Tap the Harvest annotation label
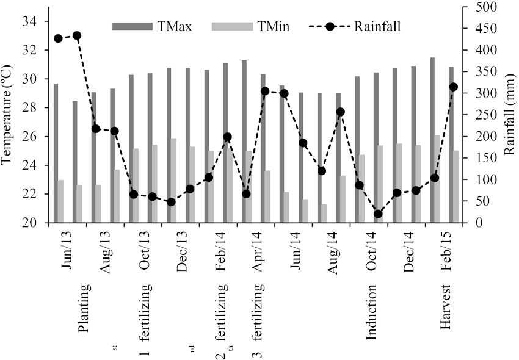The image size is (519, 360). click(448, 308)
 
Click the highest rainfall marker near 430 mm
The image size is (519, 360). click(77, 35)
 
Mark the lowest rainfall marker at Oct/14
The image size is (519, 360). click(378, 214)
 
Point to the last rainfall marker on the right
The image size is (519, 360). click(453, 87)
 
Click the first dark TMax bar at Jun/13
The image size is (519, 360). click(56, 153)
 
